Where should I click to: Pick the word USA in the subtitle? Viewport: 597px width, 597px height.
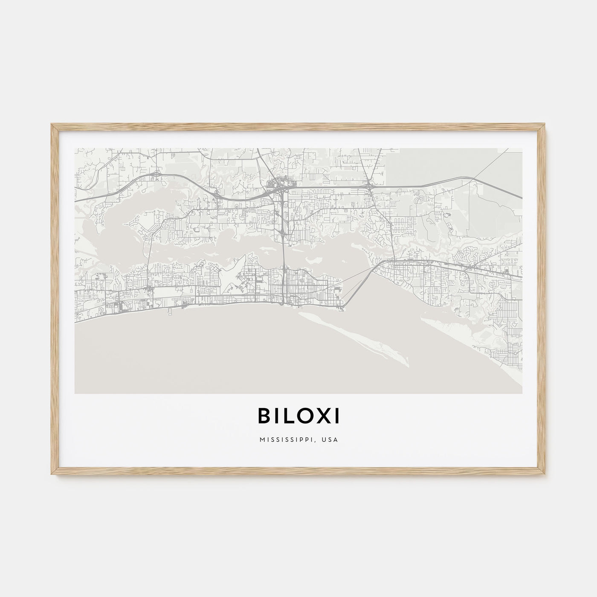[331, 440]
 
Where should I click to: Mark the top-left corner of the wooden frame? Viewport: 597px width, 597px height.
[52, 125]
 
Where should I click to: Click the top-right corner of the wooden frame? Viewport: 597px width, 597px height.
[545, 125]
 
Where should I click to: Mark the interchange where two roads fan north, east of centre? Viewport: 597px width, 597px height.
[369, 185]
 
